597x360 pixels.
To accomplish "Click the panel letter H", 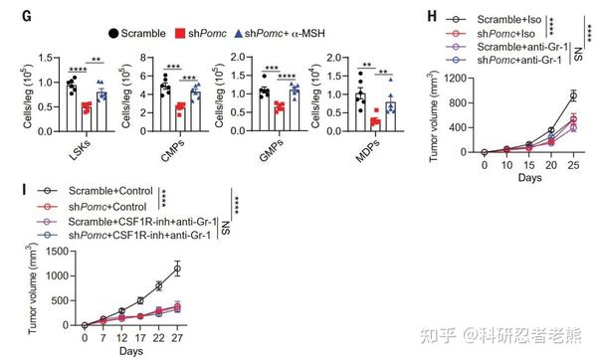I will point(432,13).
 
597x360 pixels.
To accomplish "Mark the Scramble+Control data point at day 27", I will point(177,267).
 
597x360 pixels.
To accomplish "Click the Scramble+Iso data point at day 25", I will point(573,95).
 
